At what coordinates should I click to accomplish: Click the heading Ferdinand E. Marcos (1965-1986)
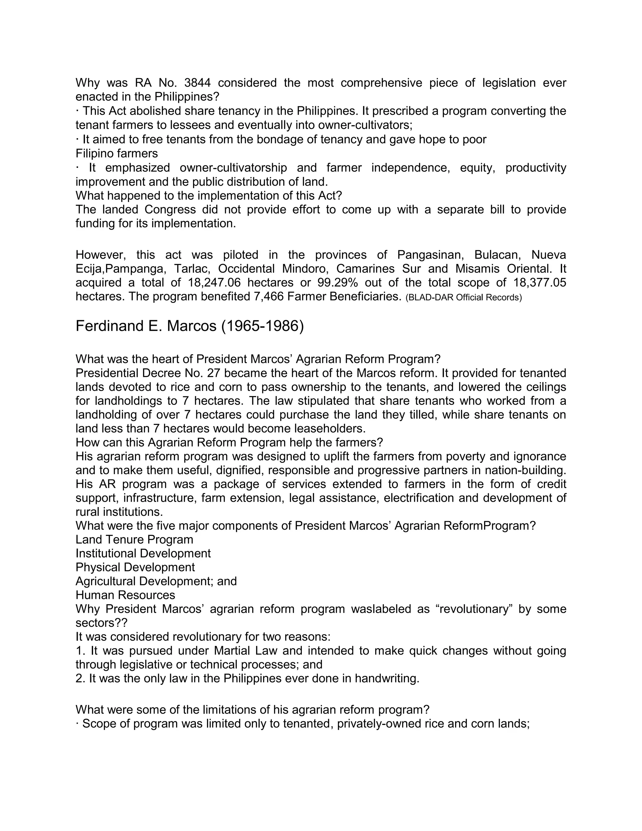(x=189, y=326)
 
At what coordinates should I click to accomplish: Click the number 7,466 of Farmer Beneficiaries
(x=269, y=296)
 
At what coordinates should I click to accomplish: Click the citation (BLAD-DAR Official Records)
(x=464, y=297)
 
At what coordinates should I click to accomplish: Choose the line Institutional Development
(x=143, y=553)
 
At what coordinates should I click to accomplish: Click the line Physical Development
(x=135, y=567)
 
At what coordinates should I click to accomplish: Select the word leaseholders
(x=329, y=428)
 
